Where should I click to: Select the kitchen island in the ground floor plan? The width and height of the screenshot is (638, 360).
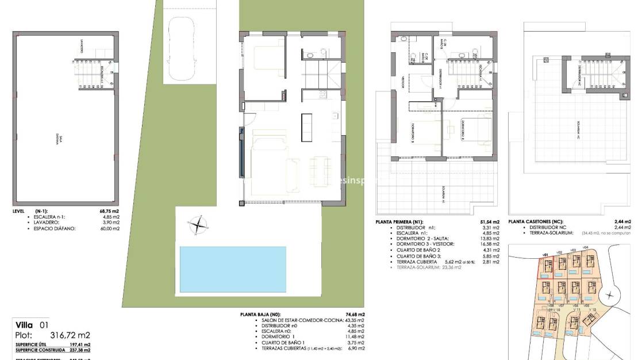pos(306,127)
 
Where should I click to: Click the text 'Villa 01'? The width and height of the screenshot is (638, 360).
pos(32,325)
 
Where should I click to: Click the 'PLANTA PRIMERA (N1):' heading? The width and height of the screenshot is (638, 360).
pos(399,221)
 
